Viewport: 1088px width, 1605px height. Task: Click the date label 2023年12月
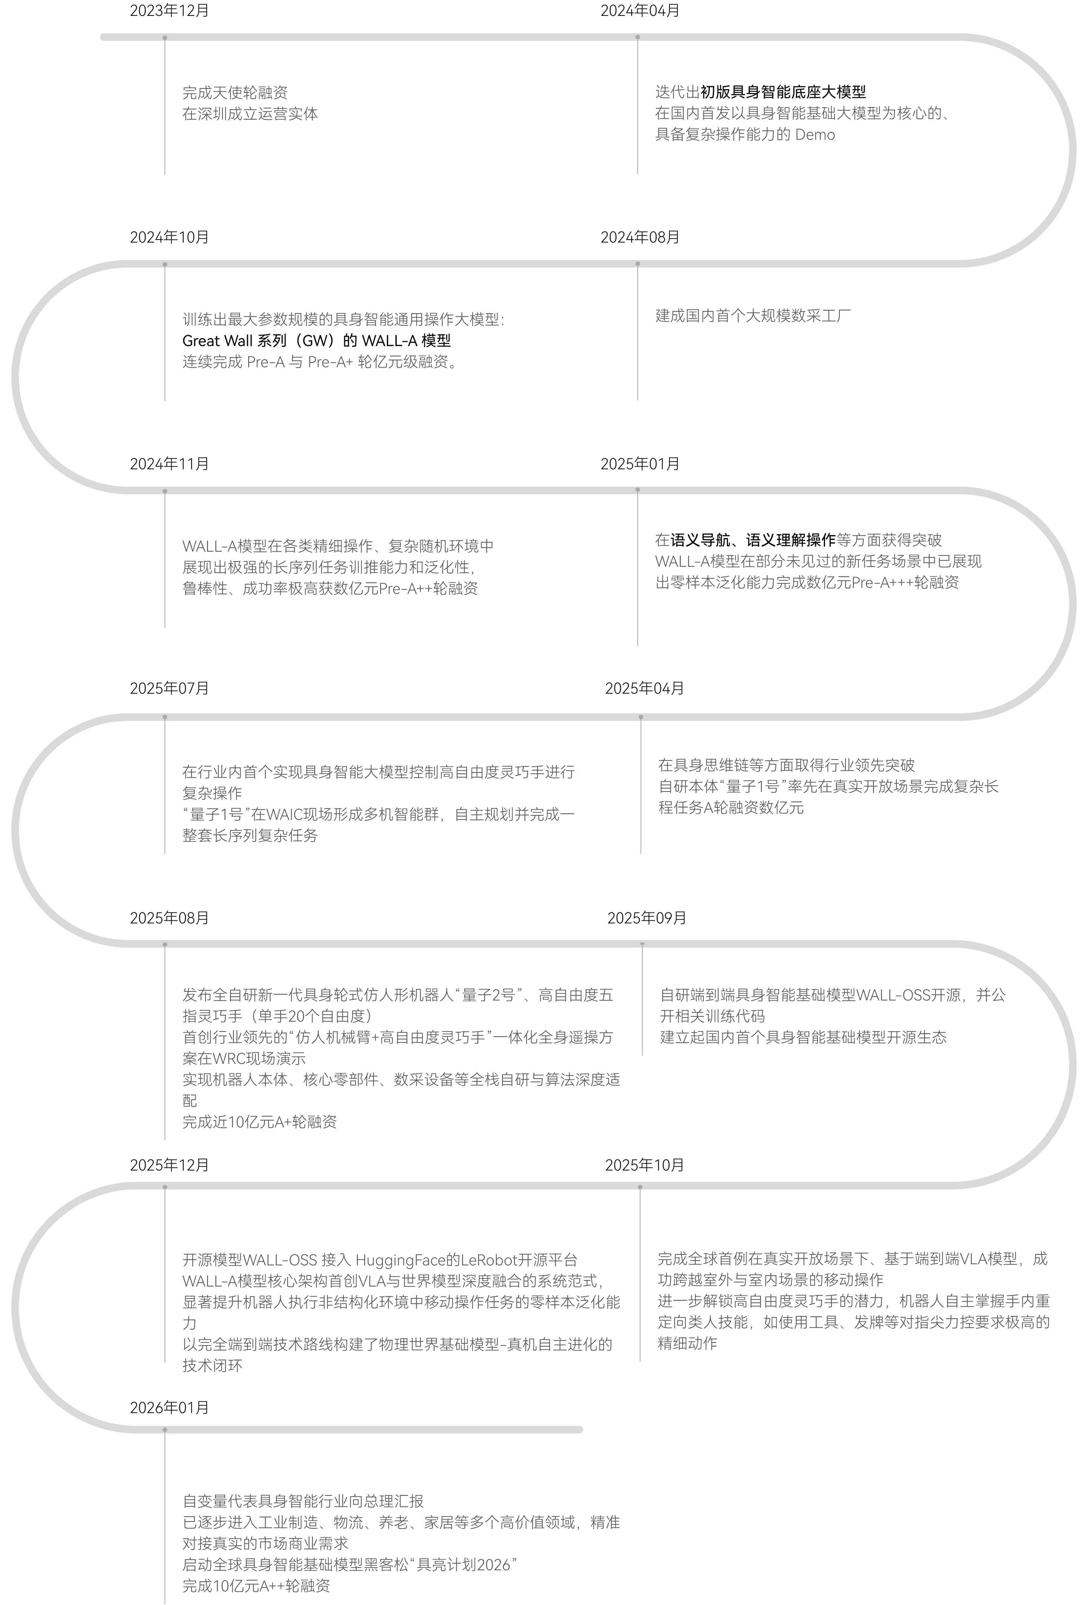tap(169, 11)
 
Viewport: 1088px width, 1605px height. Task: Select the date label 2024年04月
tap(640, 11)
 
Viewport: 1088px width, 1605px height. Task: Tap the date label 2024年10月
tap(169, 238)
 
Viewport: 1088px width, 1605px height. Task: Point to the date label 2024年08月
tap(640, 238)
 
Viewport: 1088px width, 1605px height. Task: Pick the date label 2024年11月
tap(169, 464)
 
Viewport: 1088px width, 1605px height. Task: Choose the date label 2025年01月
tap(640, 464)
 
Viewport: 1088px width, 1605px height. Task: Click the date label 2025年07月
tap(169, 688)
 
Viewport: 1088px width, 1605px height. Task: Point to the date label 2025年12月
tap(169, 1165)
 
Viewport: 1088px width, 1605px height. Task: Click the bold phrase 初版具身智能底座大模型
tap(783, 92)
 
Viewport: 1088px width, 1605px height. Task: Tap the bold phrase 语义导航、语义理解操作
tap(753, 540)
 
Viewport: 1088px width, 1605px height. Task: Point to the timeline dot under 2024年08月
tap(637, 264)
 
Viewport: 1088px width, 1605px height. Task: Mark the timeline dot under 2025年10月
tap(640, 1187)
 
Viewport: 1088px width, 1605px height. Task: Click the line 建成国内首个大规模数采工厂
tap(753, 316)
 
